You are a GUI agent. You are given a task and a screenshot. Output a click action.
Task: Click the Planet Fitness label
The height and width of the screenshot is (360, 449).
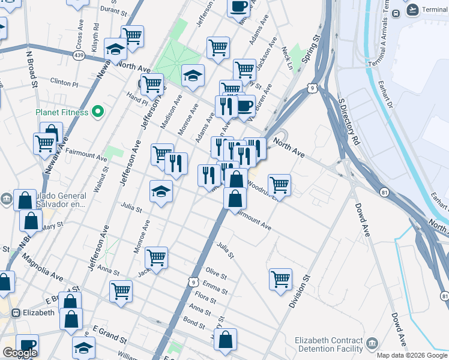tap(61, 112)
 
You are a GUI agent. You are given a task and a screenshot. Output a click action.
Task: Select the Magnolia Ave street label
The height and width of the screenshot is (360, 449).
tap(42, 268)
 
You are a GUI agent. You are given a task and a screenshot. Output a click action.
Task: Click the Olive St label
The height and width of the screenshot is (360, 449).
tap(216, 274)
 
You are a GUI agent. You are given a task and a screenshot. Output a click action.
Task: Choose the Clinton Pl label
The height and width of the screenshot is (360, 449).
tap(65, 81)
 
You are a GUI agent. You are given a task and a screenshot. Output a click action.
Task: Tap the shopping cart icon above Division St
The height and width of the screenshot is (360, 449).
tap(280, 278)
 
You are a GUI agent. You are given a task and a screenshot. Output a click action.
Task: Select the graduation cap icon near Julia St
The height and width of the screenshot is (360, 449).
tap(161, 191)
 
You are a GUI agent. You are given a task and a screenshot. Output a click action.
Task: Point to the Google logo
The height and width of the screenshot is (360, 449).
tap(20, 353)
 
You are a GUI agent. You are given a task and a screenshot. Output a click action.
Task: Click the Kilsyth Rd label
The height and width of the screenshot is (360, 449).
tap(96, 35)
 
